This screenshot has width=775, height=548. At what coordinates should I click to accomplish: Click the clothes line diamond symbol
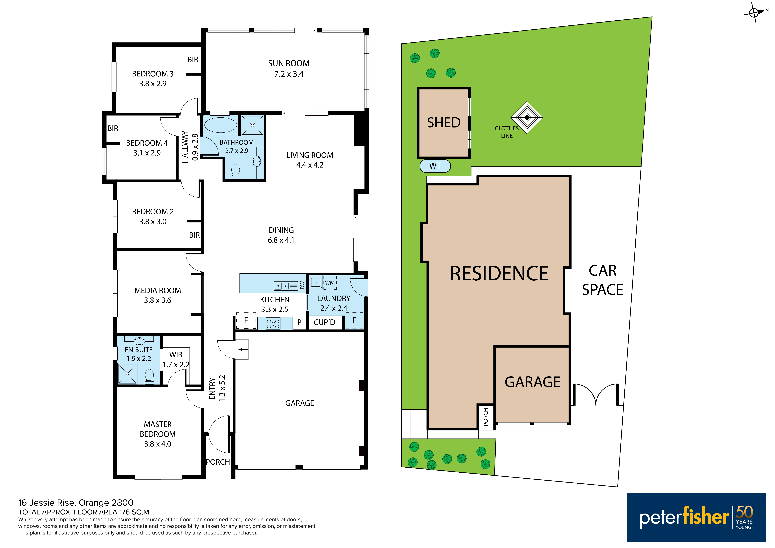527,117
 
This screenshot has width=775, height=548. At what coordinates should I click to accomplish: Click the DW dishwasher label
302,285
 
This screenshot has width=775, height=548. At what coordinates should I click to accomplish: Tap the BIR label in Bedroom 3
193,60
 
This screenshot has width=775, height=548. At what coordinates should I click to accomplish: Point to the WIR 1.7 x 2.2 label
176,360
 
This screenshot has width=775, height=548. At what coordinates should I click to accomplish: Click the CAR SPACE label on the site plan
603,280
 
